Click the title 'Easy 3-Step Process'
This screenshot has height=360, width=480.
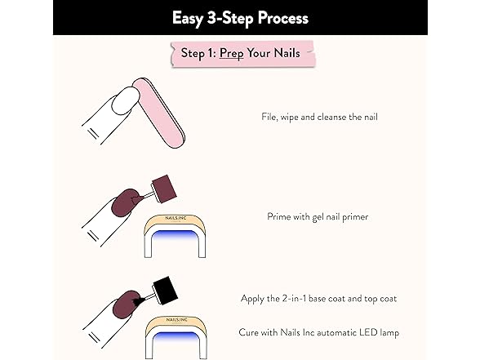pyautogui.click(x=240, y=17)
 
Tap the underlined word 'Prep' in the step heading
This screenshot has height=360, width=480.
pyautogui.click(x=233, y=55)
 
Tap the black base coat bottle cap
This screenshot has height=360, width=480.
pyautogui.click(x=167, y=289)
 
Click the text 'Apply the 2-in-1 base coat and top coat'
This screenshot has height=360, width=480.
pyautogui.click(x=318, y=299)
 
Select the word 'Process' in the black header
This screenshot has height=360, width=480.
pyautogui.click(x=280, y=17)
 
